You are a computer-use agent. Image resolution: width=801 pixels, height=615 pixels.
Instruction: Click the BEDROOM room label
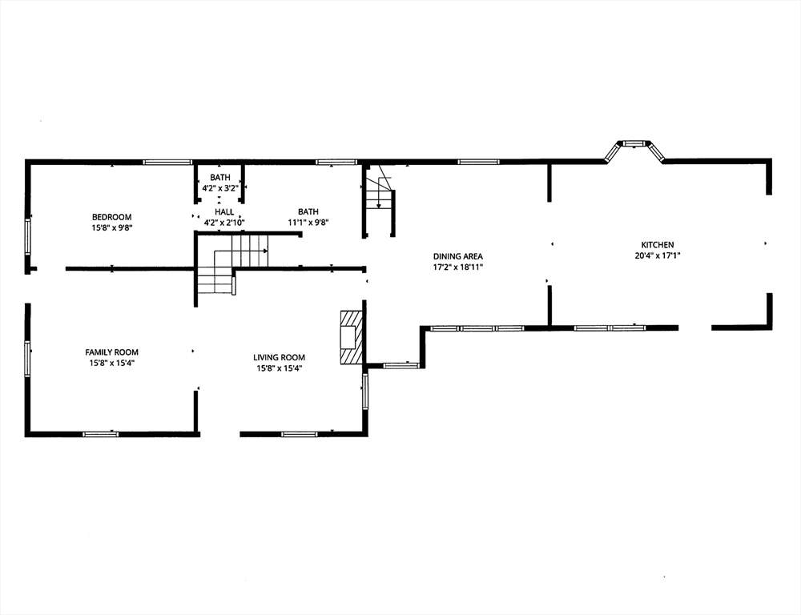pyautogui.click(x=111, y=217)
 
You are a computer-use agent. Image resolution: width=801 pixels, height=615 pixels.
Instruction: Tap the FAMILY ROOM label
pyautogui.click(x=111, y=352)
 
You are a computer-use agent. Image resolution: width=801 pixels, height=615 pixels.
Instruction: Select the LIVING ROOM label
pyautogui.click(x=280, y=358)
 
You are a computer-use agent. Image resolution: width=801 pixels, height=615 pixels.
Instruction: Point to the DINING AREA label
pyautogui.click(x=457, y=256)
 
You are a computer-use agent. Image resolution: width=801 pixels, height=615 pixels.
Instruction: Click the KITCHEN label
pyautogui.click(x=658, y=245)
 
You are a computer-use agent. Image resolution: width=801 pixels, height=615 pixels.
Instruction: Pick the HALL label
pyautogui.click(x=224, y=212)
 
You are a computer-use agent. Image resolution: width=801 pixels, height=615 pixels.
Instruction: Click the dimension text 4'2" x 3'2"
pyautogui.click(x=220, y=188)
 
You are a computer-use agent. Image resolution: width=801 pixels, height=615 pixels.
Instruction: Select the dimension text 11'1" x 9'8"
pyautogui.click(x=308, y=222)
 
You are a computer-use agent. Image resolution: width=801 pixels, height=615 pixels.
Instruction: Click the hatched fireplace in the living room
pyautogui.click(x=352, y=337)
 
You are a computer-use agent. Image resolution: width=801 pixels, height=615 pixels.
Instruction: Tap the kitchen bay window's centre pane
pyautogui.click(x=634, y=143)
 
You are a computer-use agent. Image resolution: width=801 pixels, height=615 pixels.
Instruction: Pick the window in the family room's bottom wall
pyautogui.click(x=101, y=434)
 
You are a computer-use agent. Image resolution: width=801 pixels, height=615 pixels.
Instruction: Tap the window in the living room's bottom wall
pyautogui.click(x=300, y=434)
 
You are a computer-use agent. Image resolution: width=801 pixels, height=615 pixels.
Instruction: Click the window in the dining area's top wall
pyautogui.click(x=478, y=162)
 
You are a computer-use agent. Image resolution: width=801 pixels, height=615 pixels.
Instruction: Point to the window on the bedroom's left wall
pyautogui.click(x=27, y=238)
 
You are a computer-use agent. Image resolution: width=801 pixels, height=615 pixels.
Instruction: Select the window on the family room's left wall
pyautogui.click(x=27, y=360)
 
